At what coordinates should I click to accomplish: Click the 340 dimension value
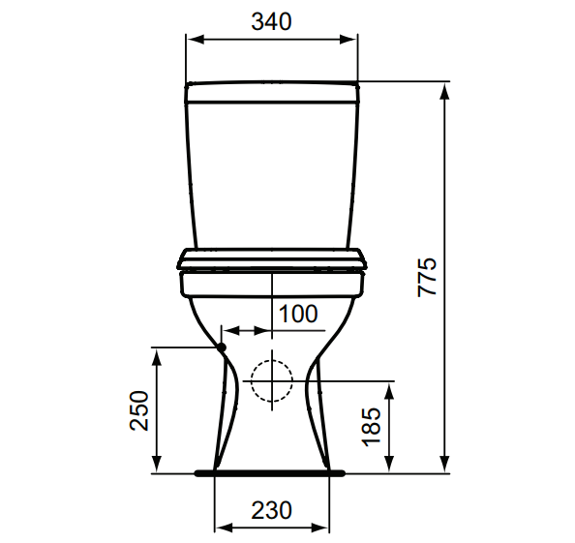click(x=271, y=21)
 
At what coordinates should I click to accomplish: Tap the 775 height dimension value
click(x=427, y=277)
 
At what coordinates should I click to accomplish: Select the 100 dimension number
click(x=298, y=314)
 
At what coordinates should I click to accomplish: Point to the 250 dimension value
click(x=139, y=410)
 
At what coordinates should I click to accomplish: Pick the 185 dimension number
click(x=372, y=427)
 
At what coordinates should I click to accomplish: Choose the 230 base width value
click(x=271, y=510)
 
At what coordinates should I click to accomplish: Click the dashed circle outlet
click(x=272, y=380)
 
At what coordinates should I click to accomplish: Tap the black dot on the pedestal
click(x=222, y=347)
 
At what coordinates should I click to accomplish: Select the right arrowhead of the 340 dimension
click(x=348, y=40)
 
